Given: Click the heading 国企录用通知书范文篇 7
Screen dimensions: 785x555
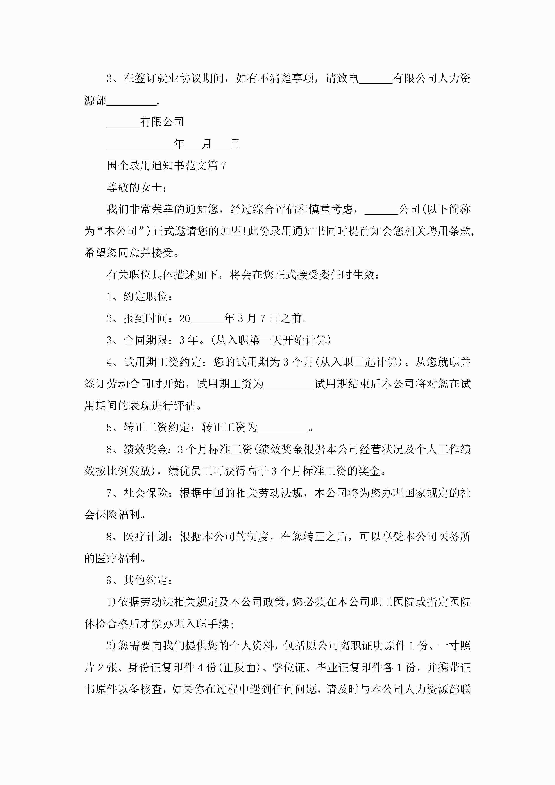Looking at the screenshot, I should pos(166,166).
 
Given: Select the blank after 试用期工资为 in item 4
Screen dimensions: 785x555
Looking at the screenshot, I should pos(289,384).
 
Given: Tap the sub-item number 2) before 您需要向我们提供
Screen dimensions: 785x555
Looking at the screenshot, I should pos(112,646).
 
